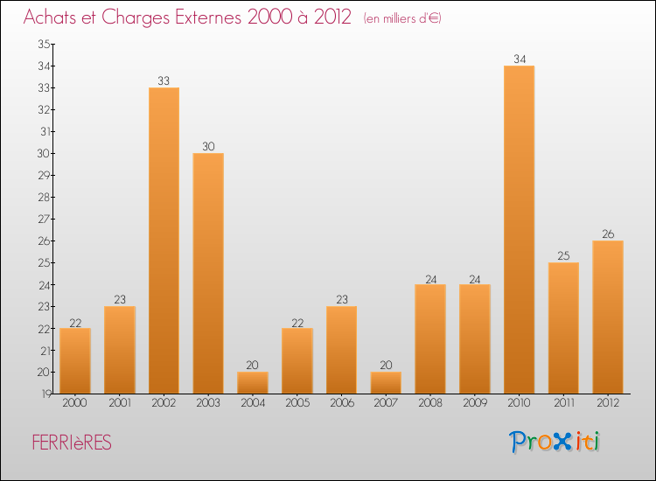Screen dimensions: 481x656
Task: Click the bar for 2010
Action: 519,229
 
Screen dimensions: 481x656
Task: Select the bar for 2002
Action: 164,240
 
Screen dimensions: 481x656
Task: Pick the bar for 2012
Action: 608,317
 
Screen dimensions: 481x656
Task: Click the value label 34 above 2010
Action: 519,59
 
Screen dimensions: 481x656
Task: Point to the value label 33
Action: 164,81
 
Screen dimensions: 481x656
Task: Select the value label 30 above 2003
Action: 208,147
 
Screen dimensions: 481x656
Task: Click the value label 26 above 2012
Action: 608,234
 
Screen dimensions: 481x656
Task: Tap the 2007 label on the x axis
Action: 386,403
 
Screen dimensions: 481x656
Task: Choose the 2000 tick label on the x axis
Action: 75,403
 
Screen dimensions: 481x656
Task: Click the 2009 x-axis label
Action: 474,403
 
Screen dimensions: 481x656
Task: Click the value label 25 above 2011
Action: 563,256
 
